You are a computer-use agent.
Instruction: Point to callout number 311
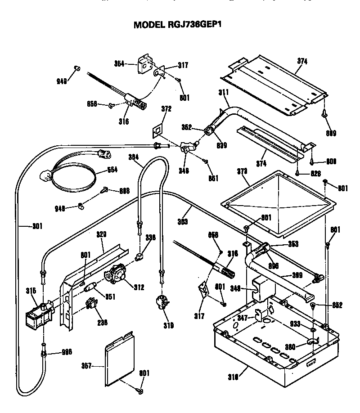pos(224,93)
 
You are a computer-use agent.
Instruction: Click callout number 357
pos(85,366)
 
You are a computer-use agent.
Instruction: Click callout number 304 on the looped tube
pos(134,157)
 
